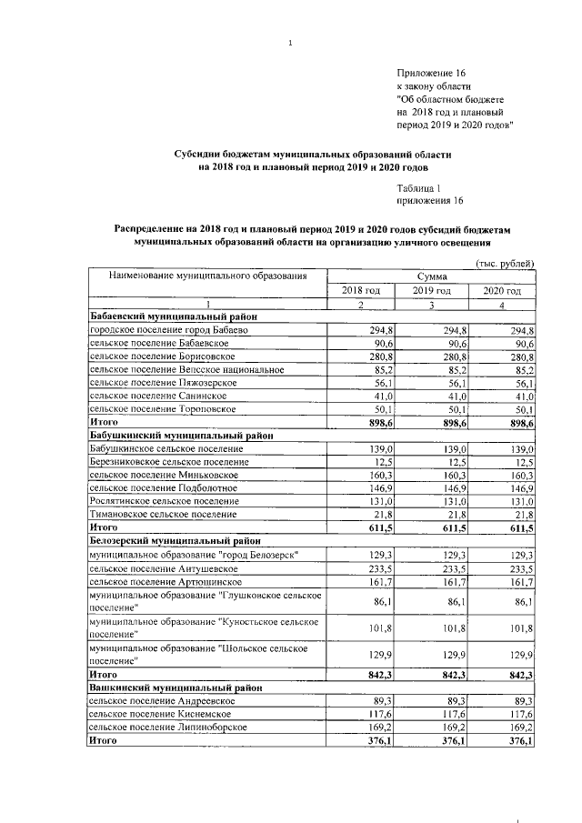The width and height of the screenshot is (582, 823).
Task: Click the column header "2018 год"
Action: click(360, 290)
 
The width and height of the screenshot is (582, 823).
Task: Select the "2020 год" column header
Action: click(501, 290)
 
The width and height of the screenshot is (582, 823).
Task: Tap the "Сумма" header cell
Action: click(431, 276)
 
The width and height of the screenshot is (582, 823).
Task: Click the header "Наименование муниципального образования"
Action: click(207, 276)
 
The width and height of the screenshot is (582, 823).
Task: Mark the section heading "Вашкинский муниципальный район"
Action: click(163, 688)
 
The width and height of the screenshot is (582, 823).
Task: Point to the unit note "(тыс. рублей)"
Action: click(505, 263)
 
